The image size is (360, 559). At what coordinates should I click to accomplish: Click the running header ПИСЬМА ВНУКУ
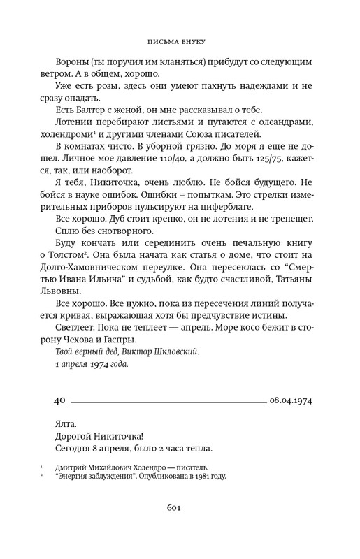(180, 41)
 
